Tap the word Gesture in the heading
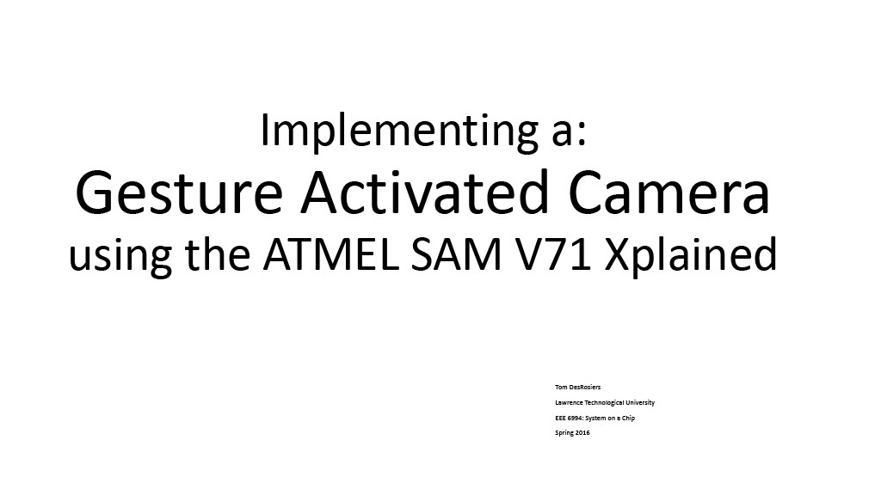[179, 193]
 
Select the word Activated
[424, 192]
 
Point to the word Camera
[668, 193]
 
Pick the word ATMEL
[330, 254]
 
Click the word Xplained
[691, 256]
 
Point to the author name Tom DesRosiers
[577, 388]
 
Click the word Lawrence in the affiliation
[569, 402]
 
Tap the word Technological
[604, 403]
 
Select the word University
[640, 403]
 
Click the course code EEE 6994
[568, 419]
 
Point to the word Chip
[628, 419]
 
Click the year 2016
[582, 433]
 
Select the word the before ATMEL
[218, 254]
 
